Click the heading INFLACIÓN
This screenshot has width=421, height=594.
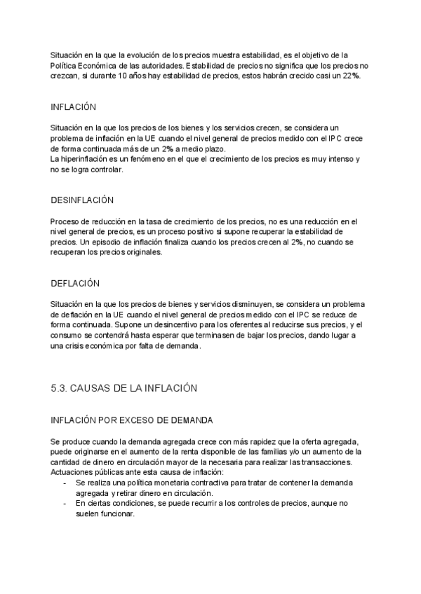tap(73, 108)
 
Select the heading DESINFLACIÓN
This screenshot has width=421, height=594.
tap(81, 200)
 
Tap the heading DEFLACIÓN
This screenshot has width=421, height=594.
tap(75, 283)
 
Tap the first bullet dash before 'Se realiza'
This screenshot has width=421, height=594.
tap(65, 483)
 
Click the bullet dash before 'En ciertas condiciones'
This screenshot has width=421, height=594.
tap(65, 503)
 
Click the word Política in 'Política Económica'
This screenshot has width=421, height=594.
tap(64, 65)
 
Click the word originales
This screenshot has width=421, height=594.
tap(144, 253)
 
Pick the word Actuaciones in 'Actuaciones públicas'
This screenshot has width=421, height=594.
tap(72, 473)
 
